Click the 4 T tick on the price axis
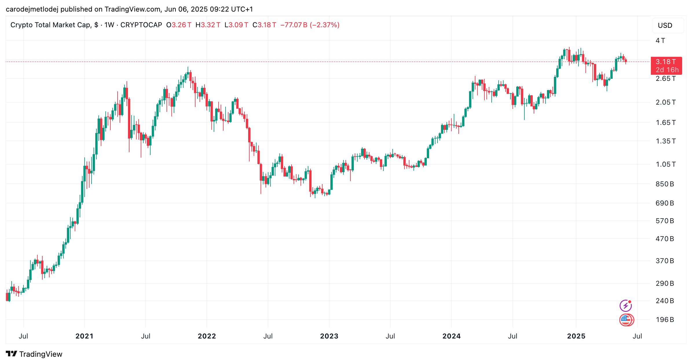pos(660,41)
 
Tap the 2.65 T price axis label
pos(665,79)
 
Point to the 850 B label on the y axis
pos(664,184)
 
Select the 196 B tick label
pos(664,320)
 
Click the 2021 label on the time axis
pos(84,336)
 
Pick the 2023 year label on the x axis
pos(329,336)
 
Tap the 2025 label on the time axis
pos(576,336)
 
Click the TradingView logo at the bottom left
pos(34,354)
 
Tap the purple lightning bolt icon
pos(625,306)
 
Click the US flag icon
pos(626,320)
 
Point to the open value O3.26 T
pos(179,25)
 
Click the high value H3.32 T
pos(208,25)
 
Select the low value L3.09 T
pos(236,25)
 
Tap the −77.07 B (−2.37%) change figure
pos(310,25)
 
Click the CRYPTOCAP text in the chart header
pos(141,25)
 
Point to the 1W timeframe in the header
pos(109,25)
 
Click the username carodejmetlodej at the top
pos(32,9)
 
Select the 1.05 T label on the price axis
pos(665,164)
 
